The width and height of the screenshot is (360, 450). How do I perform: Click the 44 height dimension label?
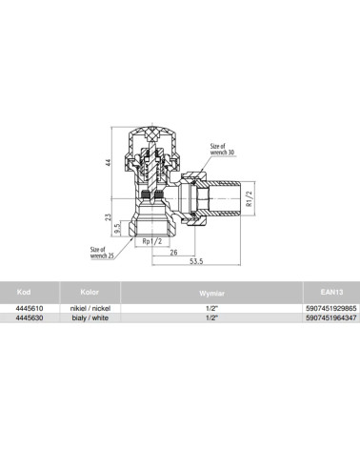tap(109, 163)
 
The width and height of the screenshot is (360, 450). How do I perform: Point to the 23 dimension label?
tap(109, 217)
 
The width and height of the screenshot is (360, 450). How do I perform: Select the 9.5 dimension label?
tap(117, 229)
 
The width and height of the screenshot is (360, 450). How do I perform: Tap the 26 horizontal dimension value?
tap(173, 253)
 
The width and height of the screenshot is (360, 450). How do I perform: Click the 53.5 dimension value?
tap(196, 261)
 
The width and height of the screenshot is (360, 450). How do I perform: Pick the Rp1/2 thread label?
tap(152, 241)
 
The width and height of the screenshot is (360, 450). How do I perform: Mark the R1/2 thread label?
tap(250, 198)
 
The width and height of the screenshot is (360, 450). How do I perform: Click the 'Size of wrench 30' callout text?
tap(222, 149)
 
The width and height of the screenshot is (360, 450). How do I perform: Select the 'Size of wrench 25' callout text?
tap(102, 253)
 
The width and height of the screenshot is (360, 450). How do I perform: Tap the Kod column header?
tap(24, 292)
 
